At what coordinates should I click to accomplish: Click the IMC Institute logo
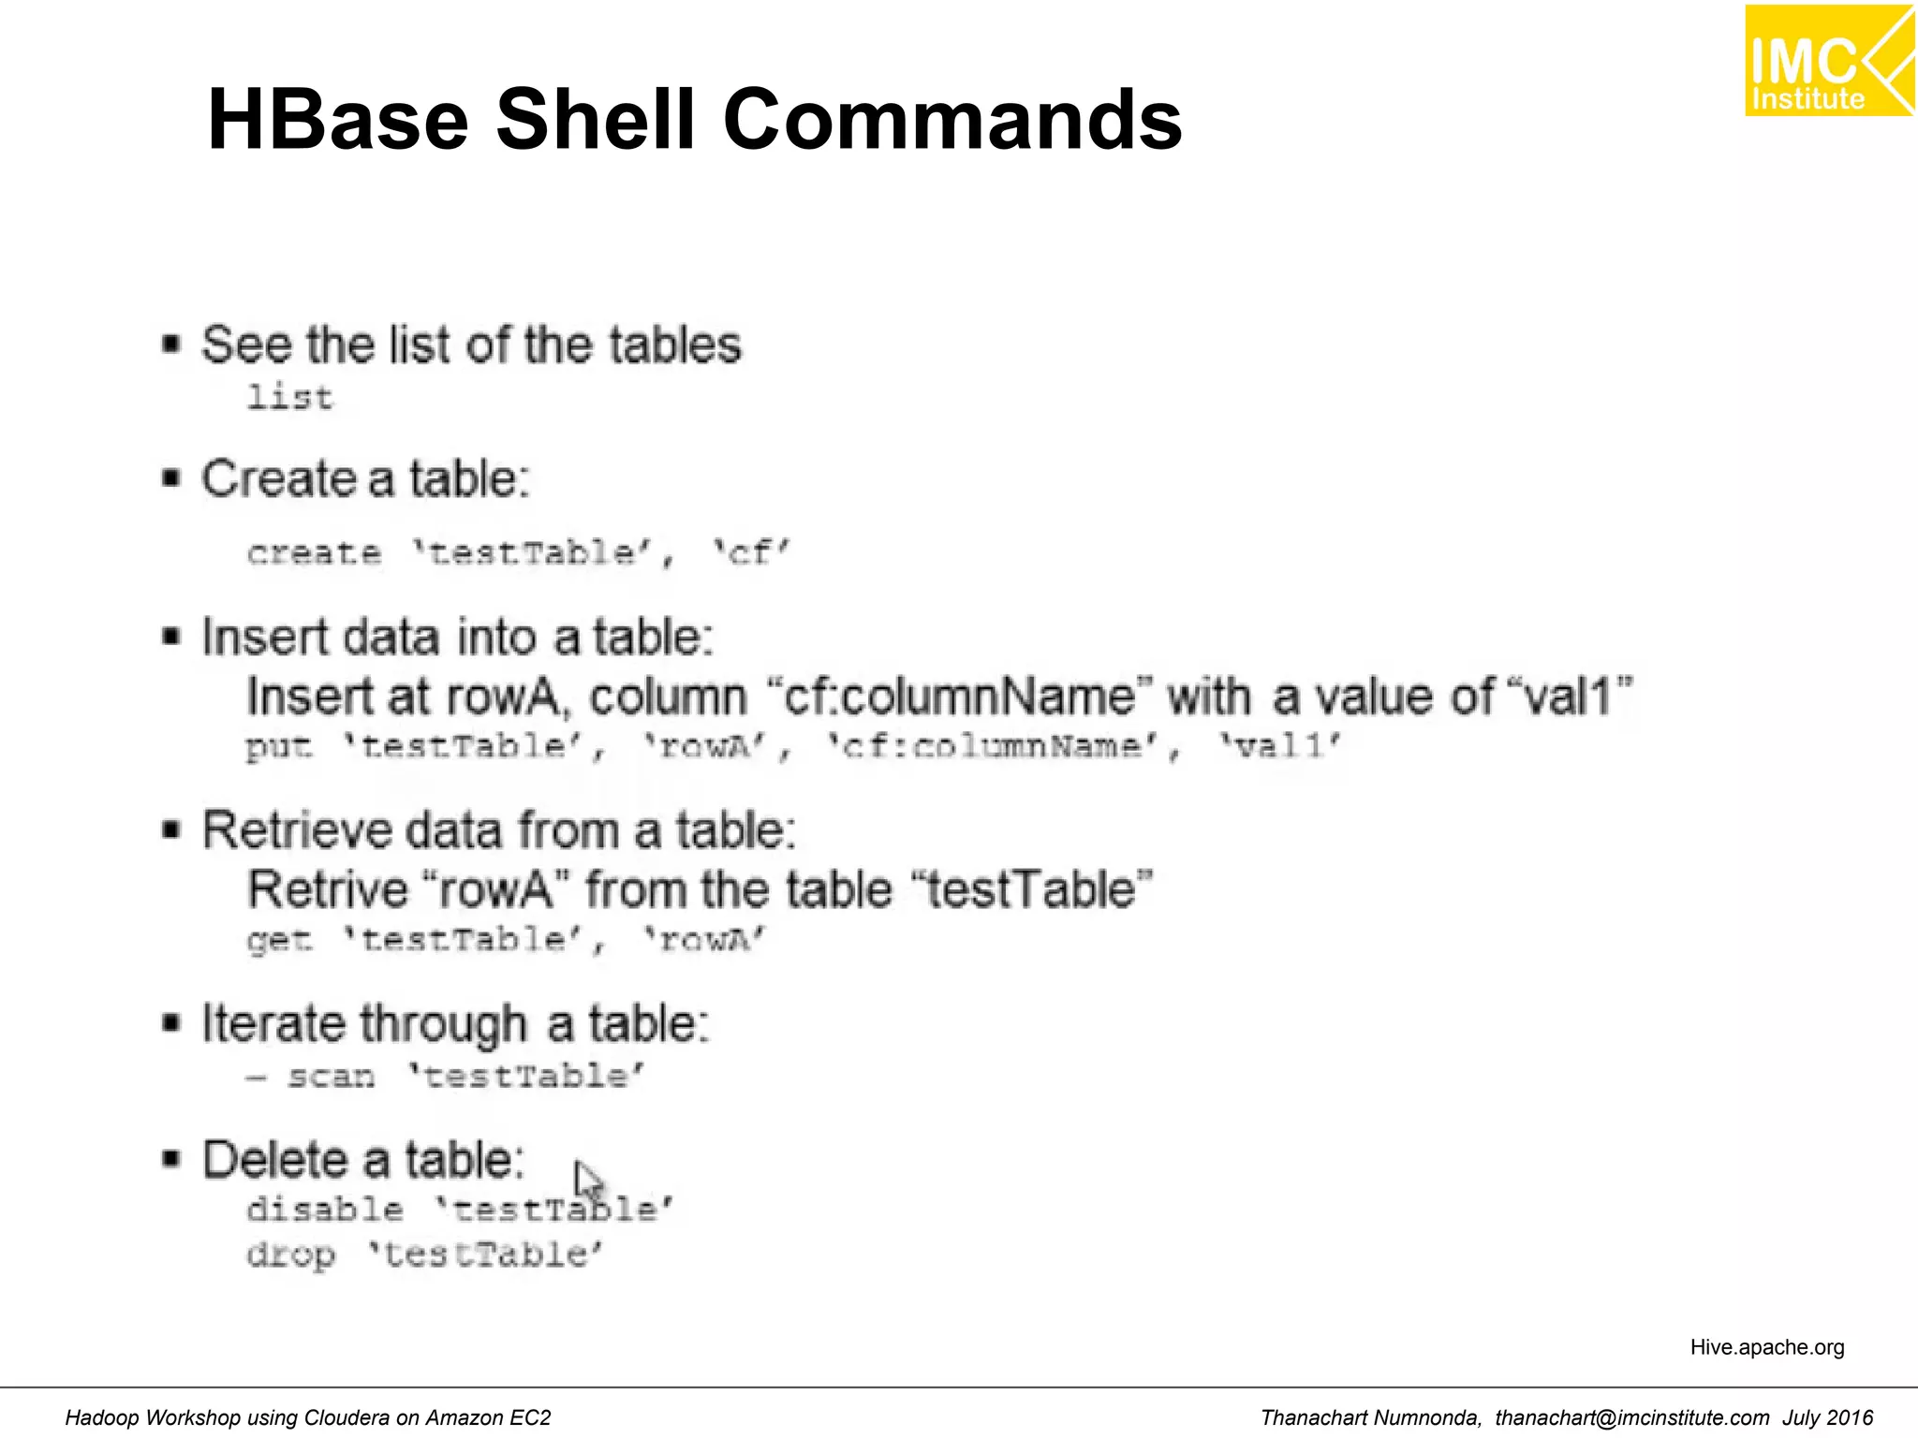tap(1828, 61)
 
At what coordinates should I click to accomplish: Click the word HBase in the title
tap(337, 120)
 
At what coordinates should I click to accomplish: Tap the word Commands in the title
tap(952, 120)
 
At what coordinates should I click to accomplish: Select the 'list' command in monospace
tap(289, 398)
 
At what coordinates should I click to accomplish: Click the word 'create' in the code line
tap(315, 552)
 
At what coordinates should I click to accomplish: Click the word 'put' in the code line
tap(278, 747)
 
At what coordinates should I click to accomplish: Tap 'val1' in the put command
tap(1280, 747)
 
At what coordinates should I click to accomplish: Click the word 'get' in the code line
tap(278, 939)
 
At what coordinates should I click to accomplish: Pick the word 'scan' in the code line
tap(331, 1077)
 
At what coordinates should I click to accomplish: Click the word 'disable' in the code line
tap(325, 1210)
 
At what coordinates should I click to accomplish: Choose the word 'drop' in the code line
tap(290, 1255)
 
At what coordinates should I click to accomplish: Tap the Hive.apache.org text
tap(1766, 1347)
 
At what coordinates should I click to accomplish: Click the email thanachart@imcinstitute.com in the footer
tap(1631, 1418)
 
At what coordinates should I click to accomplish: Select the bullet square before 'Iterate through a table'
tap(170, 1022)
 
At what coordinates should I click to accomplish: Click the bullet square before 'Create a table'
tap(170, 478)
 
